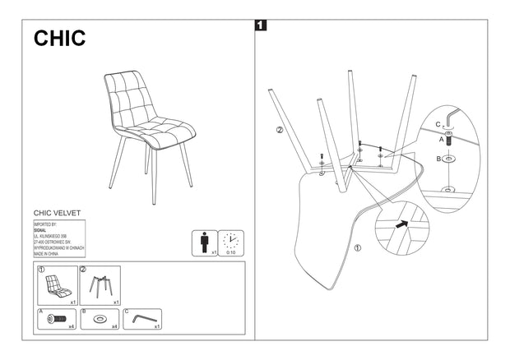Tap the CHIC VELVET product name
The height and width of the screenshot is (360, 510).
(x=57, y=212)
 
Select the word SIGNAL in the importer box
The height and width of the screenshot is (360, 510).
(x=42, y=229)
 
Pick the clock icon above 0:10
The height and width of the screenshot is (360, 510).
(x=230, y=242)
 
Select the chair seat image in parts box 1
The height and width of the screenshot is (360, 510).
(x=56, y=285)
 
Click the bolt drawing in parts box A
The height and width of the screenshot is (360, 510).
(x=55, y=319)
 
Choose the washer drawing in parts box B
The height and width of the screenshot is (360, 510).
(x=99, y=319)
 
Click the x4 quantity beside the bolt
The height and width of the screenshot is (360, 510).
(x=72, y=327)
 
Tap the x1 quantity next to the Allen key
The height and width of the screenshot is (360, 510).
(x=155, y=327)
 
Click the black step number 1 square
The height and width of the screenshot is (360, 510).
(x=261, y=26)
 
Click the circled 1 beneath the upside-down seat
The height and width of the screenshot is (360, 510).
(x=357, y=247)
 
